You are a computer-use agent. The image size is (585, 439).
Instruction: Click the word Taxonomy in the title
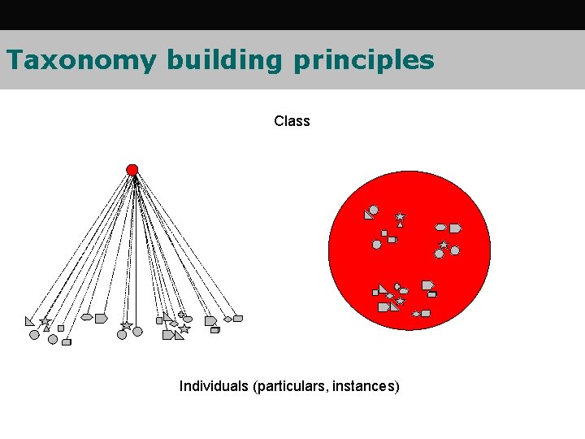coord(80,61)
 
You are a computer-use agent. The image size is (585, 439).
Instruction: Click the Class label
coord(292,121)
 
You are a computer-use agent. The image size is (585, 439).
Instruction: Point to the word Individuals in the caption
coord(214,386)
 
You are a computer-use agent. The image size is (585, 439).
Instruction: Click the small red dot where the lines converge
coord(132,170)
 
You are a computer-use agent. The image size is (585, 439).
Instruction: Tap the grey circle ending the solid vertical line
coord(137,331)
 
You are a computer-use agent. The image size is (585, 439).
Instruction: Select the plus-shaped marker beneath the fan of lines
coord(181,315)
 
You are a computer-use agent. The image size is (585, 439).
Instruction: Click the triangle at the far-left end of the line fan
coord(30,321)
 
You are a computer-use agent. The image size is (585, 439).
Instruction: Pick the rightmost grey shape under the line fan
coord(238,319)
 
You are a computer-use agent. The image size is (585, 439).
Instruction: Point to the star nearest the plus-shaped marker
coord(184,328)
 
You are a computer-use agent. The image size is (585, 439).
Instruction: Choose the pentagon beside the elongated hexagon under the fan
coord(101,319)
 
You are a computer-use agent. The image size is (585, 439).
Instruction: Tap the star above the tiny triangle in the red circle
coord(400,217)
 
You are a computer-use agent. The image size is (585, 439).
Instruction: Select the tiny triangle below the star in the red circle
coord(400,225)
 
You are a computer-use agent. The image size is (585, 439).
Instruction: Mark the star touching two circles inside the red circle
coord(444,245)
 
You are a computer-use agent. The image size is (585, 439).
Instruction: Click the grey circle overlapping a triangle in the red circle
coord(374,211)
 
